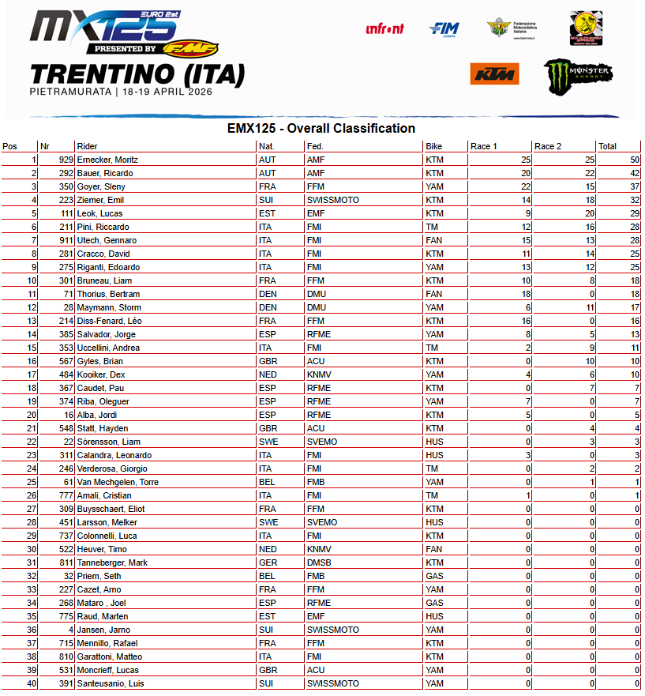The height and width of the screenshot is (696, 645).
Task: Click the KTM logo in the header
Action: (493, 74)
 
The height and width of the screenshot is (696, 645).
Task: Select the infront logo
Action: (384, 29)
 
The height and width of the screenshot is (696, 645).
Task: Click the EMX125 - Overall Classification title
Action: (321, 129)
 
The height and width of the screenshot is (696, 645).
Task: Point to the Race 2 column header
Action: (548, 146)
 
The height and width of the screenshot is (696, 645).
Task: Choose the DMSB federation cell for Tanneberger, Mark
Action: (318, 562)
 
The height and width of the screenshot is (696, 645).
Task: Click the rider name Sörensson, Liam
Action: (108, 442)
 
